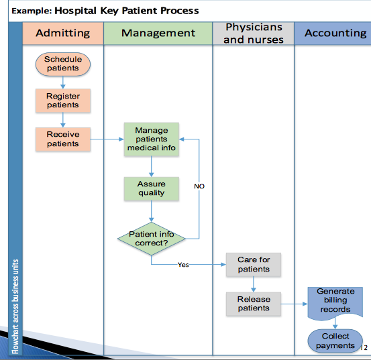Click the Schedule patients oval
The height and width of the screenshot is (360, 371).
click(63, 64)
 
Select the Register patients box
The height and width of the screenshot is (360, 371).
click(63, 101)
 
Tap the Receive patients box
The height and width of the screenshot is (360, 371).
click(63, 139)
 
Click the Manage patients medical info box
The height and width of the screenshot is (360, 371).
click(152, 139)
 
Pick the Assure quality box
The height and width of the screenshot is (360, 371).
click(152, 188)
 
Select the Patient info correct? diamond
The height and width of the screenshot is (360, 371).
click(152, 239)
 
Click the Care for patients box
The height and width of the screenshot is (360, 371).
click(254, 265)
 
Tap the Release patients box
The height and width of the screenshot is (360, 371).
click(254, 304)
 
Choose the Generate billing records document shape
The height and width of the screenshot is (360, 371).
click(335, 303)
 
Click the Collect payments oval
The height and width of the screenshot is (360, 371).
click(335, 341)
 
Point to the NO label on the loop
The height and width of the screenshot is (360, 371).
click(199, 186)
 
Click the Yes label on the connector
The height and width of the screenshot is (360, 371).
click(183, 265)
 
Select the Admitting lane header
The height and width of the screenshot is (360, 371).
click(63, 34)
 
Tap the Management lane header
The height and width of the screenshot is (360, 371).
click(158, 34)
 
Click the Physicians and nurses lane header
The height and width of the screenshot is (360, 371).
click(254, 34)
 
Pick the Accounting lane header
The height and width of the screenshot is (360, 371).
click(333, 34)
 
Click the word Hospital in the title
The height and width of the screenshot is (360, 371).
click(76, 11)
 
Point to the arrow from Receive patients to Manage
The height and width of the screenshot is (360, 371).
click(107, 139)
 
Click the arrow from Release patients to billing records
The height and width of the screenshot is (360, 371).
click(295, 304)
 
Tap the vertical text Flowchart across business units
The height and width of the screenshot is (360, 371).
click(15, 306)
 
